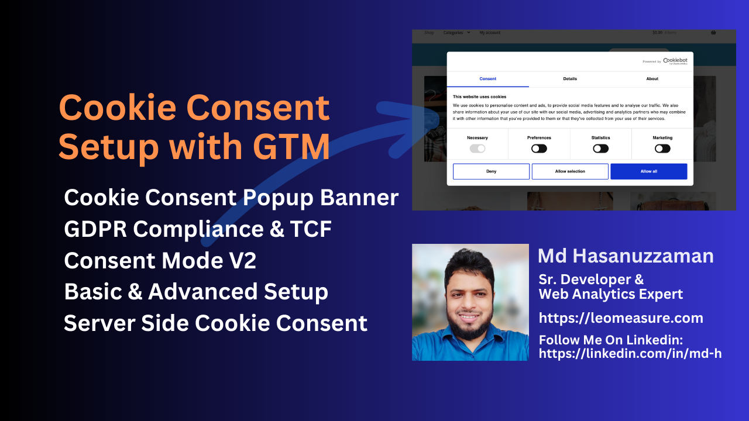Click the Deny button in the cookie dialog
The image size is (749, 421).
tap(491, 171)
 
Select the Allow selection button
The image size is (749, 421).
tap(570, 171)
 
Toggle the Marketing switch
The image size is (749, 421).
tap(662, 149)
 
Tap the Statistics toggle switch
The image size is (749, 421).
tap(600, 149)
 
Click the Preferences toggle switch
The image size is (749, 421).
tap(539, 149)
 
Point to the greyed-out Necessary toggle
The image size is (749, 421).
tap(477, 149)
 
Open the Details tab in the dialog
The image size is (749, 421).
tap(570, 78)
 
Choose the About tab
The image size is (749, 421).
tap(652, 78)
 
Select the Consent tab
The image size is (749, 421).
tap(488, 78)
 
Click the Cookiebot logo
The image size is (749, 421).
tap(675, 61)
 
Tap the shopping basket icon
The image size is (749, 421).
tap(713, 33)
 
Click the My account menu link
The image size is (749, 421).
tap(490, 33)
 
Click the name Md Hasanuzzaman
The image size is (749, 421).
tap(626, 256)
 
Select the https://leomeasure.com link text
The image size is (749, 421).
tap(621, 318)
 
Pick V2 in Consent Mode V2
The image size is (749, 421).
tap(240, 261)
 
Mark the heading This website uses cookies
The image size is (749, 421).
tap(479, 97)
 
